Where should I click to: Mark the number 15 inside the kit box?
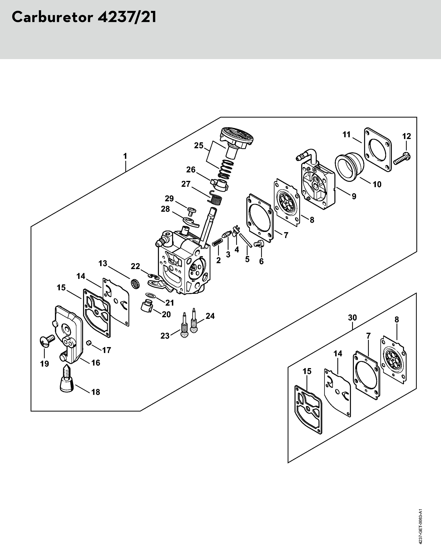[x=307, y=371]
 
